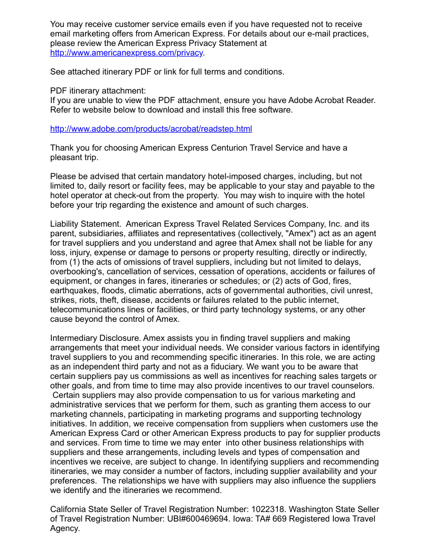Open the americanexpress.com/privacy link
point(127,53)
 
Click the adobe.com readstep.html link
point(151,129)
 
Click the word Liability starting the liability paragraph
point(67,224)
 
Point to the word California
point(70,509)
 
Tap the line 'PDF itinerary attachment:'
point(98,91)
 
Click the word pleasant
point(68,157)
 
